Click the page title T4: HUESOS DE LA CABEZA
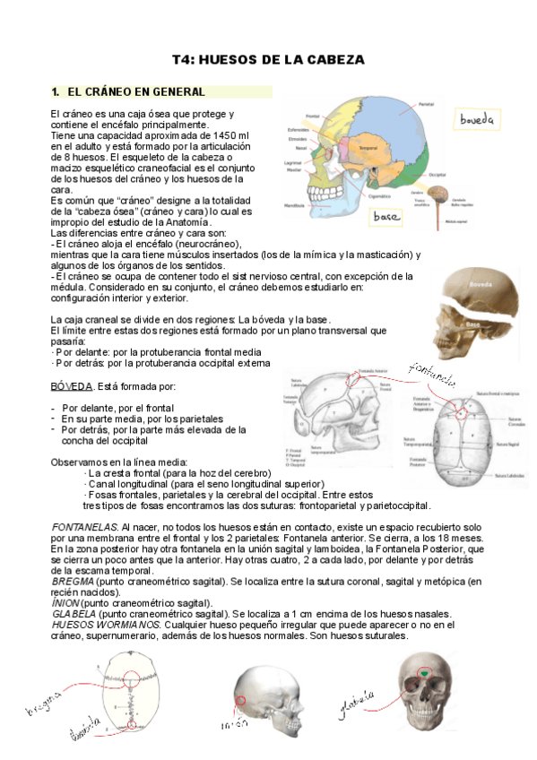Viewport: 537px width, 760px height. pyautogui.click(x=268, y=60)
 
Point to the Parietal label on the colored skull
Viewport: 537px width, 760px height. pyautogui.click(x=426, y=105)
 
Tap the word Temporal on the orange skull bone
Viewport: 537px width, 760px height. pyautogui.click(x=368, y=147)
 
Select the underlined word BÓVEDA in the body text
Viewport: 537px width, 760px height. pyautogui.click(x=71, y=385)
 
